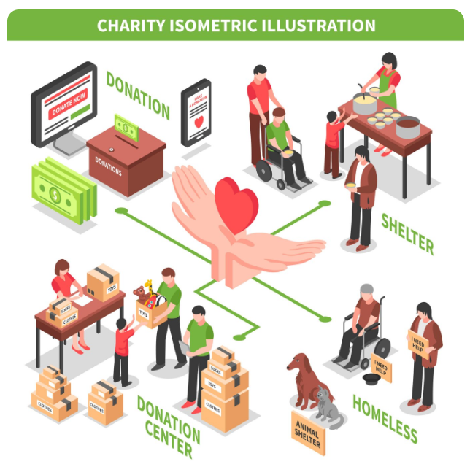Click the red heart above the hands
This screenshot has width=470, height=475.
tap(236, 201)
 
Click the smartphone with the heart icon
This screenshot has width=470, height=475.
tap(196, 113)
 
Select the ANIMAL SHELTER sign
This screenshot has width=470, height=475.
tap(308, 433)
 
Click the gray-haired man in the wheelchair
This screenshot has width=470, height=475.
tap(364, 317)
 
